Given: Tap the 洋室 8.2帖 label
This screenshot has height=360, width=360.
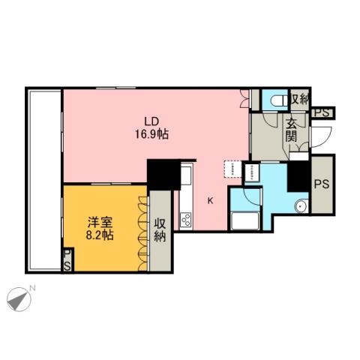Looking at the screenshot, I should tap(99, 228).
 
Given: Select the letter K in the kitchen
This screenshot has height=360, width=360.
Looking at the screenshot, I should tap(211, 200).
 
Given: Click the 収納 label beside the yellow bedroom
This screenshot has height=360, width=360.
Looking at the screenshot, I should tap(160, 231).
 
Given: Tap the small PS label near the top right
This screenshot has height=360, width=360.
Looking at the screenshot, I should tap(323, 112).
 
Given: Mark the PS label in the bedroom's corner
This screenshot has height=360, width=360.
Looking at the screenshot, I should tap(67, 261).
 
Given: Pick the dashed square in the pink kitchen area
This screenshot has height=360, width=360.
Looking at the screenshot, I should tap(231, 167).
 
